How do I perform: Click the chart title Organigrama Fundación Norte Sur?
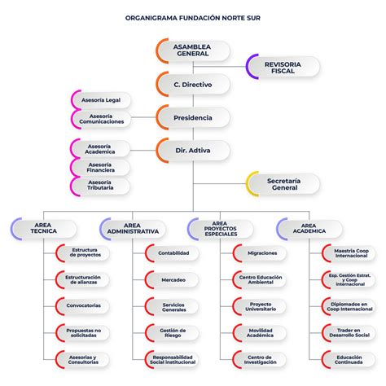(193, 15)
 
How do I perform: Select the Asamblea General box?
(192, 50)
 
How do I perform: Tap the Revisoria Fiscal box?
(283, 67)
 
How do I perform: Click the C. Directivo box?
(192, 84)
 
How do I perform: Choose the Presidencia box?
(192, 118)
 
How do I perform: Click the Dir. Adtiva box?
(192, 151)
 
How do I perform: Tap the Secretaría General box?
(283, 184)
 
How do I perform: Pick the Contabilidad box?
(173, 253)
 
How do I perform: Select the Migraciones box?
(260, 253)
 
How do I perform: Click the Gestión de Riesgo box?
(173, 332)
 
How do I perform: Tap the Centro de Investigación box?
(260, 358)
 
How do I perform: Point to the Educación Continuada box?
(349, 358)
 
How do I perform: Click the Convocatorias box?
(84, 306)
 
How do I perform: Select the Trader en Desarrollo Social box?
(349, 332)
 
